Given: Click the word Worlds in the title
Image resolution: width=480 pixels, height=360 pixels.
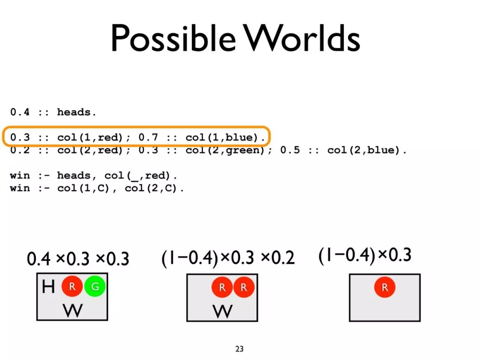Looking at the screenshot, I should (x=302, y=39).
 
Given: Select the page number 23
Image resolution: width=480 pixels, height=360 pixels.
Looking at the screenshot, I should (x=240, y=349).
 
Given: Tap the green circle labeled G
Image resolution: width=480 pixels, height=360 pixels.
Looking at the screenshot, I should (x=95, y=286).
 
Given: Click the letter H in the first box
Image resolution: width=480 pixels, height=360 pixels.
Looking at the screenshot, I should (x=48, y=287).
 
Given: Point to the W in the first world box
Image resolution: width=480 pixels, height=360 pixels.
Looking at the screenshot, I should (x=72, y=310).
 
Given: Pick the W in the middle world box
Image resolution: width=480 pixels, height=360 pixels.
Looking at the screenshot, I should (x=222, y=311).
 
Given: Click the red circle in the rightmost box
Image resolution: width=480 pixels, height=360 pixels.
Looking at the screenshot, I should (x=384, y=287).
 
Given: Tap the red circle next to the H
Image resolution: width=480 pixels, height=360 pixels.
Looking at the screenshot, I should (x=72, y=287).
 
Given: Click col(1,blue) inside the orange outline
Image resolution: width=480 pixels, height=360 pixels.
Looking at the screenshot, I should (x=225, y=137).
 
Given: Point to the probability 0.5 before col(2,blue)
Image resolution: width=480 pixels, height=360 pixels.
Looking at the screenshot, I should (x=289, y=150).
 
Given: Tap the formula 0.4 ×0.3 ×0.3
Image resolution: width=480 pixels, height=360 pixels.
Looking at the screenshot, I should (x=78, y=259).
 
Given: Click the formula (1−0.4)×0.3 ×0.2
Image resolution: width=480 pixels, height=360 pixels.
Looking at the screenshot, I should (x=228, y=258).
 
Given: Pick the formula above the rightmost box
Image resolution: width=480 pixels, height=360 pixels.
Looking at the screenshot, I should (x=365, y=256).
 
